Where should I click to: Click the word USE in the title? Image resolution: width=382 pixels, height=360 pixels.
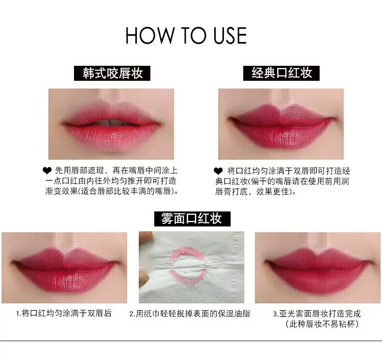tap(230, 36)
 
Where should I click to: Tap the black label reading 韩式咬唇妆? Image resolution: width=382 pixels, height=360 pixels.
tap(112, 73)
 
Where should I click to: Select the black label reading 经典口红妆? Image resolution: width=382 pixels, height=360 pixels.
tap(281, 73)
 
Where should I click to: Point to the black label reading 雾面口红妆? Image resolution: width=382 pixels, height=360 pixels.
tap(192, 219)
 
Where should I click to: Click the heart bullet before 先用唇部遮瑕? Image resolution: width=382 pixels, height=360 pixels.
tap(47, 171)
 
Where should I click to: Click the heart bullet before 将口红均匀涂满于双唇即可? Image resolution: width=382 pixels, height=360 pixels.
tap(218, 171)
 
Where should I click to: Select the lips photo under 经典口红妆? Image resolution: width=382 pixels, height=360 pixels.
tap(281, 124)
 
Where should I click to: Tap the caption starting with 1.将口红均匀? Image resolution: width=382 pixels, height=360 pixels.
tap(64, 313)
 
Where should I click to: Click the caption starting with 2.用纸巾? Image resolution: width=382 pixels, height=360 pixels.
tap(190, 314)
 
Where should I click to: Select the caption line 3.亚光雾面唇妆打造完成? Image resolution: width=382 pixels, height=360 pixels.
tap(317, 314)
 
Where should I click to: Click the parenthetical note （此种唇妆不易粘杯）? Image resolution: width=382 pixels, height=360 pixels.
tap(322, 324)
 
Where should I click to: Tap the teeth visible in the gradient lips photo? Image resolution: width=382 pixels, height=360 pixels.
tap(110, 122)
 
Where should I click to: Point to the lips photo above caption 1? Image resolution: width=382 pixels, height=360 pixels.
tap(64, 268)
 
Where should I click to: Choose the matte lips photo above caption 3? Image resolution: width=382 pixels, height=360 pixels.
tap(318, 268)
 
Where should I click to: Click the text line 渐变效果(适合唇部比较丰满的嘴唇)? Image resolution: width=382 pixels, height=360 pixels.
tap(112, 191)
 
